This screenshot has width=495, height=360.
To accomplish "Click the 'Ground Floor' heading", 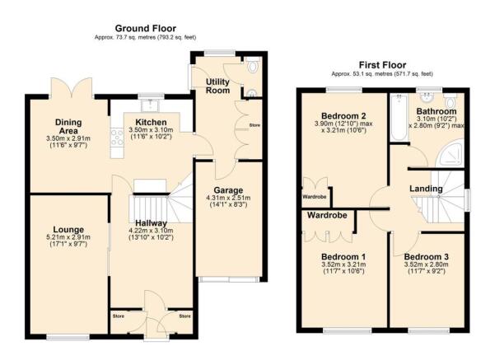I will point(147,28).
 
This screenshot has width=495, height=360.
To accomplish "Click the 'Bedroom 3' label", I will point(427,255).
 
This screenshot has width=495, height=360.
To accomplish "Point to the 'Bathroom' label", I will point(436,111).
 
